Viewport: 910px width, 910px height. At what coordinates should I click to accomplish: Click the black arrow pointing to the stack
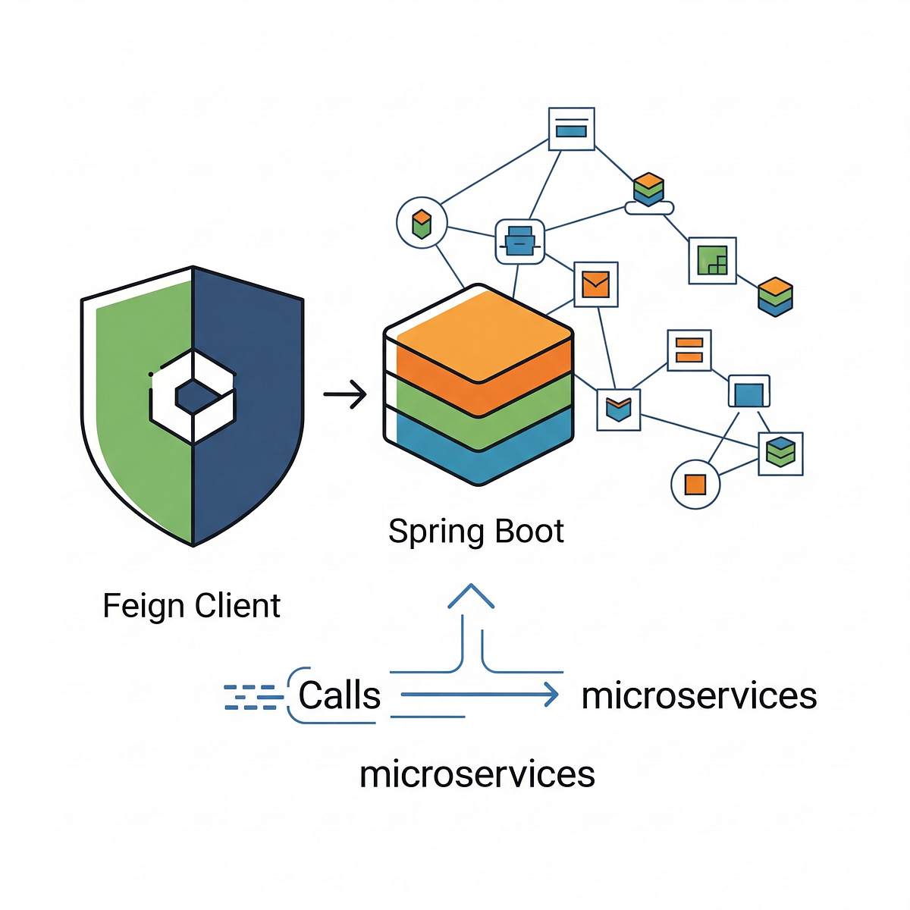click(345, 394)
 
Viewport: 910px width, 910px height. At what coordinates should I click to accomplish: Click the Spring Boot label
click(475, 532)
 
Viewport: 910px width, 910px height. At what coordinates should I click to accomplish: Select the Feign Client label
click(191, 606)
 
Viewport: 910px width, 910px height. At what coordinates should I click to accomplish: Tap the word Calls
click(339, 695)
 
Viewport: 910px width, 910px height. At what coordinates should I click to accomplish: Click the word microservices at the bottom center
click(477, 774)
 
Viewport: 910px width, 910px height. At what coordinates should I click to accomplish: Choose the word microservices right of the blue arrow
click(698, 695)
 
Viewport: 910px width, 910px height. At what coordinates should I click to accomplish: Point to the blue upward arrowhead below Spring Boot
click(471, 597)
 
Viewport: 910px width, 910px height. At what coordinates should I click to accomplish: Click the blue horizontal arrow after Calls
click(479, 695)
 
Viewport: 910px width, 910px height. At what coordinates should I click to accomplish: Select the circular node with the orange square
click(695, 484)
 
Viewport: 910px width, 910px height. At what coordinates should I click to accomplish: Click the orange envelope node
click(596, 284)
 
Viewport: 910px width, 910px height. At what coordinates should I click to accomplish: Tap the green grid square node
click(712, 260)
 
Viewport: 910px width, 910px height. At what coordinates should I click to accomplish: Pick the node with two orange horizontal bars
click(689, 350)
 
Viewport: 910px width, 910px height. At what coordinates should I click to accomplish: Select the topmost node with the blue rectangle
click(571, 130)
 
